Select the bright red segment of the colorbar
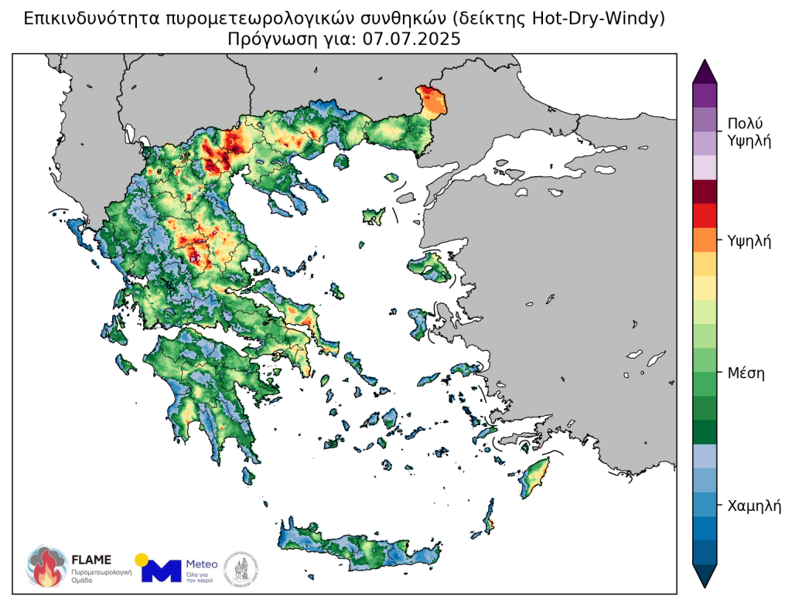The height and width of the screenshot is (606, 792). pos(705,215)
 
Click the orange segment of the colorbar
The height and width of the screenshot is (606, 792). pos(705,240)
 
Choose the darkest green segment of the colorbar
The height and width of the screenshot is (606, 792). pos(705,431)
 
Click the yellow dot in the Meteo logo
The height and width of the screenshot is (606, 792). pos(141,559)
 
